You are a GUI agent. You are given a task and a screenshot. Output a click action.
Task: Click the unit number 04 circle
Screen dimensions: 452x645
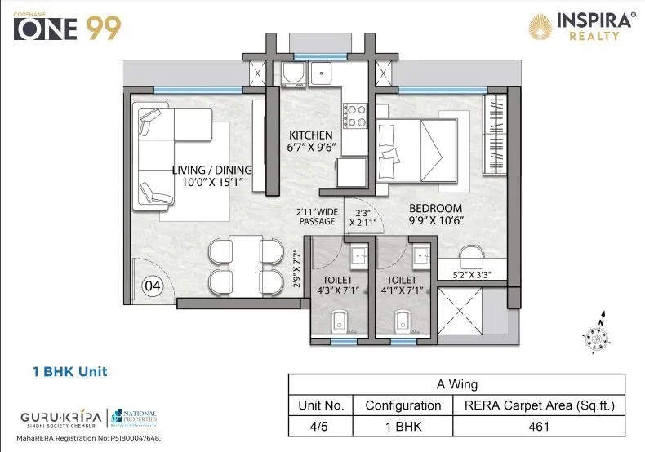point(152,286)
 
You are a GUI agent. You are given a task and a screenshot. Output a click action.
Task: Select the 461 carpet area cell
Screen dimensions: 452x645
point(540,425)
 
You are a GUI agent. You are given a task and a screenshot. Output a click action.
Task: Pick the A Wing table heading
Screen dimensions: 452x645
point(456,384)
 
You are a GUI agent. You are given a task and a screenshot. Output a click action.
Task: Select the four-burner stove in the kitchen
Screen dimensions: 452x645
point(354,115)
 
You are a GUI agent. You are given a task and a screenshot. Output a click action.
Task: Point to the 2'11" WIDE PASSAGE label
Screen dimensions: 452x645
point(317,216)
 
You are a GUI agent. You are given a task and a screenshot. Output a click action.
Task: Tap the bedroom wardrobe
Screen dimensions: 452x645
point(495,135)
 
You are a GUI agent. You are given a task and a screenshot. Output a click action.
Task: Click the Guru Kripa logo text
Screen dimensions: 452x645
point(61,417)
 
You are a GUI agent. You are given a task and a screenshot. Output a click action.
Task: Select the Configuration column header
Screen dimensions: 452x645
point(403,405)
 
